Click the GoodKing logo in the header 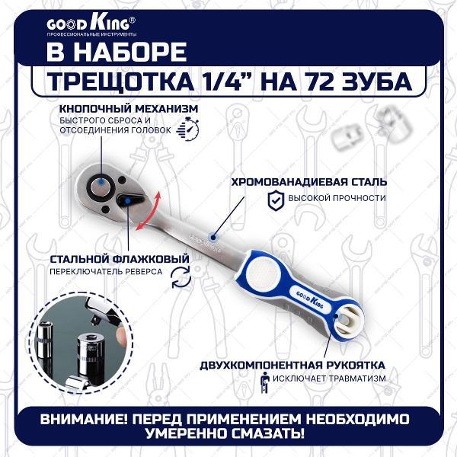pyautogui.click(x=91, y=26)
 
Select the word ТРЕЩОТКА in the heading pyautogui.click(x=120, y=81)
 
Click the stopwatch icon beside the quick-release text pyautogui.click(x=188, y=129)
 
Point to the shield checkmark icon pyautogui.click(x=276, y=200)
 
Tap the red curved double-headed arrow pyautogui.click(x=148, y=210)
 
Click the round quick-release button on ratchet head pyautogui.click(x=101, y=186)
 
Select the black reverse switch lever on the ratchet pyautogui.click(x=130, y=200)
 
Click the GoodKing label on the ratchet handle pyautogui.click(x=310, y=299)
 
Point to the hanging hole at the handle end pyautogui.click(x=348, y=322)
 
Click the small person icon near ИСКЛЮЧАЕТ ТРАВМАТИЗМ pyautogui.click(x=264, y=382)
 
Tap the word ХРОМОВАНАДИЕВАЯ pyautogui.click(x=289, y=182)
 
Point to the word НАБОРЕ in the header pyautogui.click(x=135, y=52)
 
